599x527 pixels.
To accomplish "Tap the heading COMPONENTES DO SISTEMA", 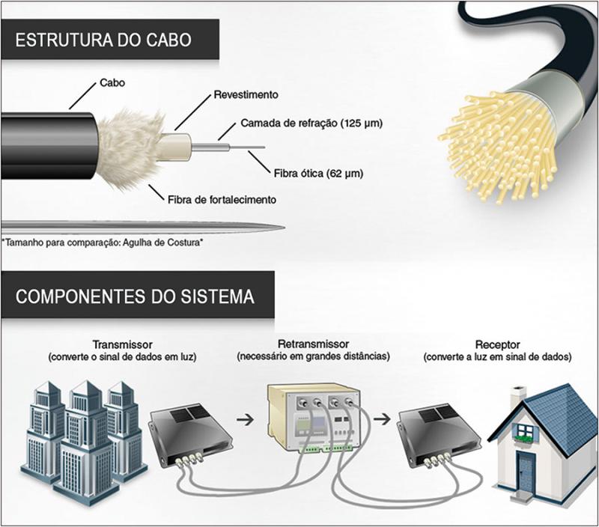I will [x=134, y=296].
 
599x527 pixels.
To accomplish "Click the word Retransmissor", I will [x=312, y=345].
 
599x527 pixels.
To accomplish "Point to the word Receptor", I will [x=497, y=345].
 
